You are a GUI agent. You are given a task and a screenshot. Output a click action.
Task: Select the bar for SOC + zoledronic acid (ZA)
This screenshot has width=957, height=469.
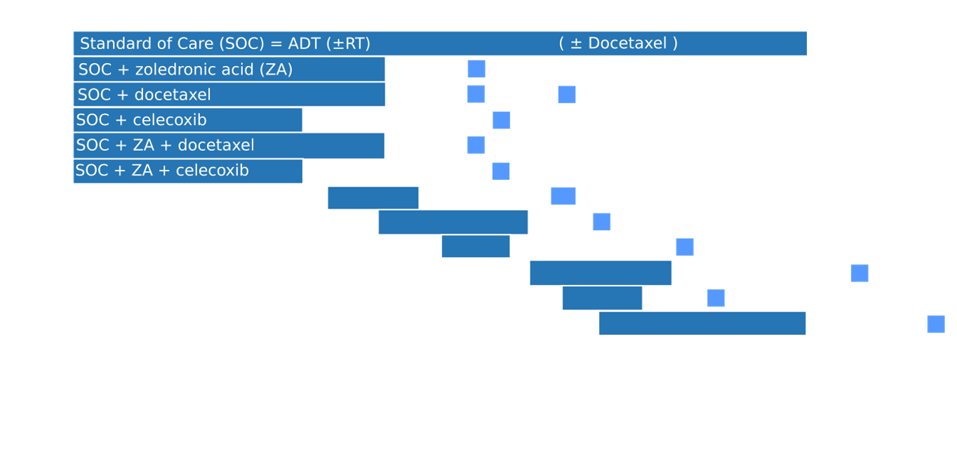pyautogui.click(x=229, y=70)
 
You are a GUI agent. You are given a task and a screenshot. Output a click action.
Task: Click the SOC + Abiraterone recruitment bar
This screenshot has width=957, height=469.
pyautogui.click(x=373, y=198)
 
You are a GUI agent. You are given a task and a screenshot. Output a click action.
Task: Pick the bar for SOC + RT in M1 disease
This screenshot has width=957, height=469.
pyautogui.click(x=453, y=222)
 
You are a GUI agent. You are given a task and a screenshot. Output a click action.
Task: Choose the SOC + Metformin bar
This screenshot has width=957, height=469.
pyautogui.click(x=601, y=273)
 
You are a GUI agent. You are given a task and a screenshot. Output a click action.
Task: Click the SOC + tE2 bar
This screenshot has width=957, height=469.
pyautogui.click(x=602, y=298)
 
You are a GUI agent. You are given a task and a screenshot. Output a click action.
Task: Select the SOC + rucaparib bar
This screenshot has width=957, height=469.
pyautogui.click(x=702, y=324)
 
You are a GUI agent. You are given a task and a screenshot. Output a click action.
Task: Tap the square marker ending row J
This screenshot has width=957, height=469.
pyautogui.click(x=859, y=273)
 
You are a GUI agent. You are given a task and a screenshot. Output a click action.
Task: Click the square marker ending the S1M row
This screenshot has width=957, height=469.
pyautogui.click(x=935, y=324)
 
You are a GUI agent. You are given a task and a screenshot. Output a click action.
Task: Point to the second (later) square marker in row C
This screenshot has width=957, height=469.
pyautogui.click(x=567, y=94)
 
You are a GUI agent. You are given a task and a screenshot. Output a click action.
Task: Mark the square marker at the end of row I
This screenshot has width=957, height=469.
pyautogui.click(x=685, y=247)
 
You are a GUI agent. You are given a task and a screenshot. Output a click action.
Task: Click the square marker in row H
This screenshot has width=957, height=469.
pyautogui.click(x=601, y=222)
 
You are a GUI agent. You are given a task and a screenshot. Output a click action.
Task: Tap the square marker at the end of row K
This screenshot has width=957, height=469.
pyautogui.click(x=716, y=298)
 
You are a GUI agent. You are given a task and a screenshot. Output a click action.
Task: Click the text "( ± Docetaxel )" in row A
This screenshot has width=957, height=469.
pyautogui.click(x=618, y=44)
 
